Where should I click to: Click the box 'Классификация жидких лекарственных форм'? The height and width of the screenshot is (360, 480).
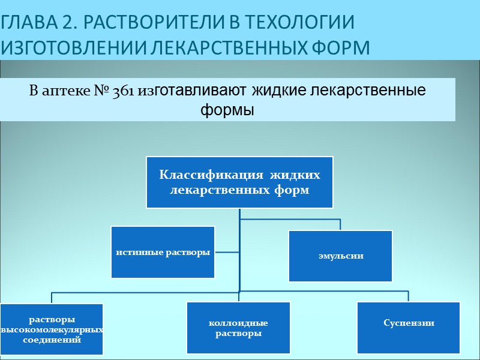239,182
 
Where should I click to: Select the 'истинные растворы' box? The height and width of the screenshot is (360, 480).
163,252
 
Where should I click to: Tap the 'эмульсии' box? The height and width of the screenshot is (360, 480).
340,256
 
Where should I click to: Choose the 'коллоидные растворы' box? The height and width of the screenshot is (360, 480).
238,328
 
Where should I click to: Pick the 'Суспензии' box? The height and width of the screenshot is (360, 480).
408,323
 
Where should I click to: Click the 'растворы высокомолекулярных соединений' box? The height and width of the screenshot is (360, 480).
52,329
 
